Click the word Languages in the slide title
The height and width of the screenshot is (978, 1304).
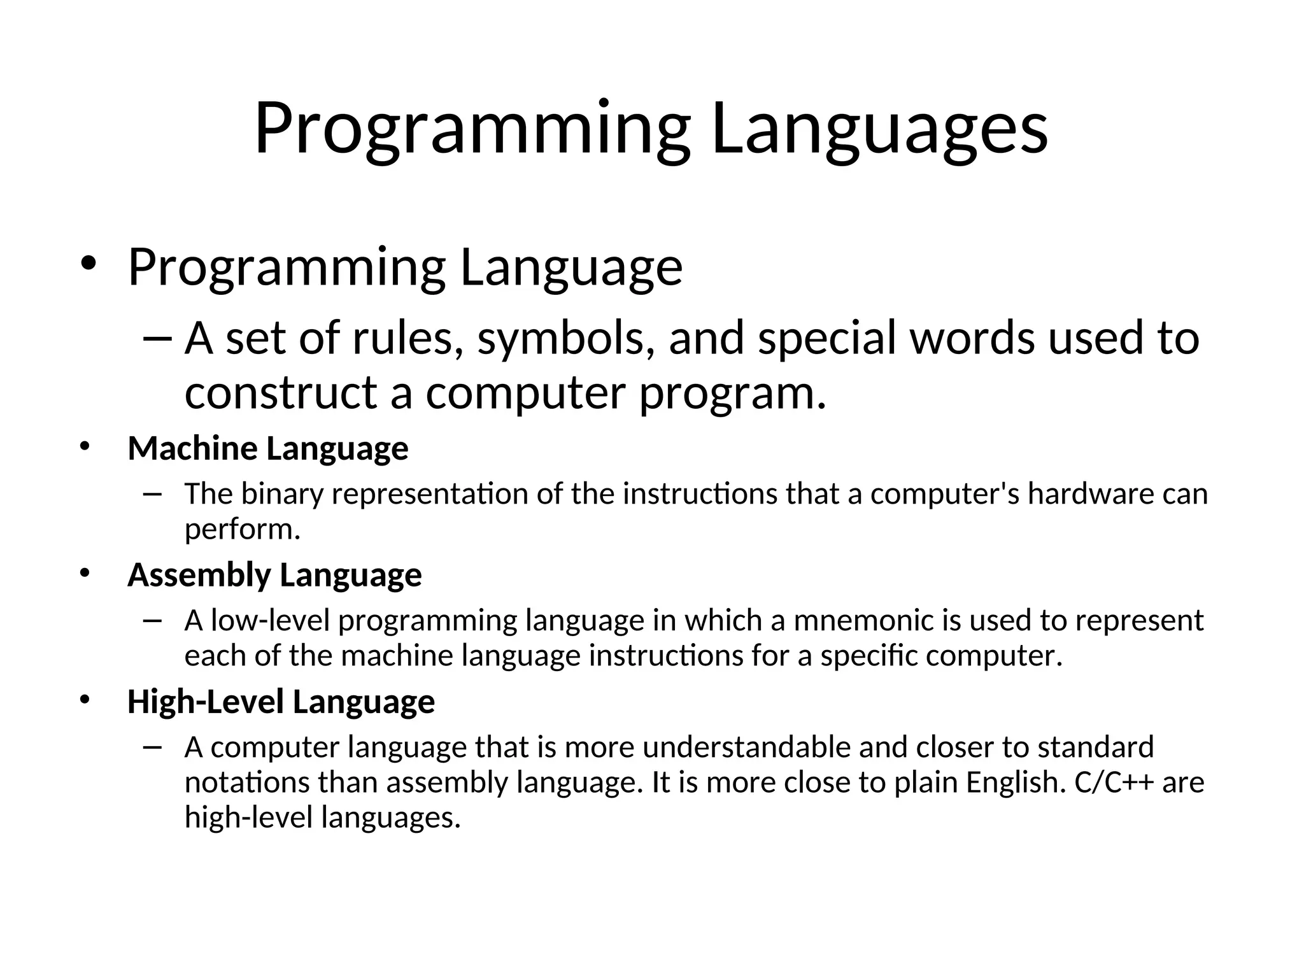click(879, 131)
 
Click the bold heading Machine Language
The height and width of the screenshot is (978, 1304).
click(267, 449)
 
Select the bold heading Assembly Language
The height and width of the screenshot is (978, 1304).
click(274, 576)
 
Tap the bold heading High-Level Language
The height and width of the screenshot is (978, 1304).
click(281, 702)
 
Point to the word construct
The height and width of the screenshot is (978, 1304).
click(281, 393)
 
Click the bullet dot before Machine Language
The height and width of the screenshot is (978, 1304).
click(85, 448)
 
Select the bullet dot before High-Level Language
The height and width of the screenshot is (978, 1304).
click(85, 701)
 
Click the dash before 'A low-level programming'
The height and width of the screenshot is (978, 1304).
click(153, 621)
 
